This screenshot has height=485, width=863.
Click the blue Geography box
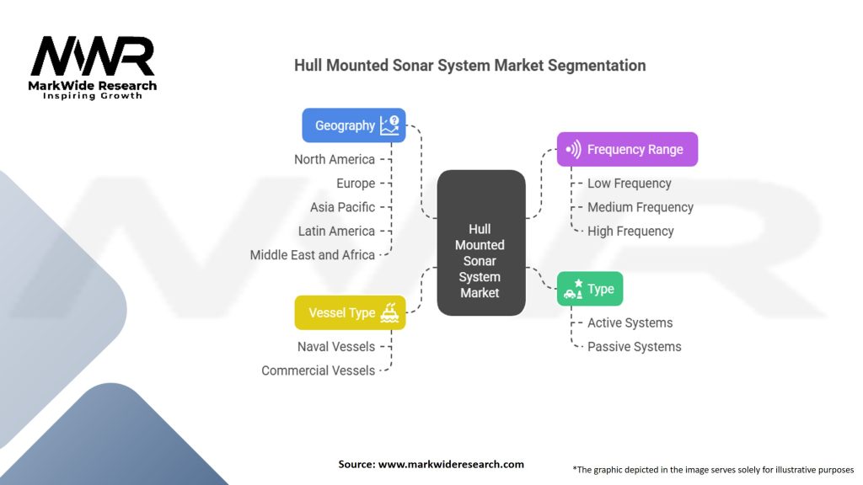tap(354, 125)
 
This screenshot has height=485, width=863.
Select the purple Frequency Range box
tap(627, 149)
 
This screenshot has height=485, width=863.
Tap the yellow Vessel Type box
tap(350, 312)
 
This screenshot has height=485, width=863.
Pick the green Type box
tap(590, 289)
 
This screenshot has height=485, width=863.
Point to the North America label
tap(335, 159)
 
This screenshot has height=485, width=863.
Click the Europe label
tap(356, 183)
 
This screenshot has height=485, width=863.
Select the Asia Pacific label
tap(342, 207)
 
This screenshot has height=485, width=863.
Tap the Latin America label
tap(336, 231)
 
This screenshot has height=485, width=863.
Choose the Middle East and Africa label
tap(313, 254)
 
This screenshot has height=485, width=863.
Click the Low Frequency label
tap(630, 183)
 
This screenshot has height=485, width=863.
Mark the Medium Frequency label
tap(641, 207)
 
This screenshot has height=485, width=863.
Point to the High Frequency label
tap(630, 231)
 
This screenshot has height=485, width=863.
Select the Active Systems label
tap(630, 322)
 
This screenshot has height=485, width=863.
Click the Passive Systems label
tap(635, 346)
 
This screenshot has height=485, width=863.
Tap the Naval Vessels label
tap(336, 346)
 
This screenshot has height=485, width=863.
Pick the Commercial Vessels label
tap(319, 370)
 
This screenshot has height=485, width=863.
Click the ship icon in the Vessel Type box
tap(389, 312)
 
